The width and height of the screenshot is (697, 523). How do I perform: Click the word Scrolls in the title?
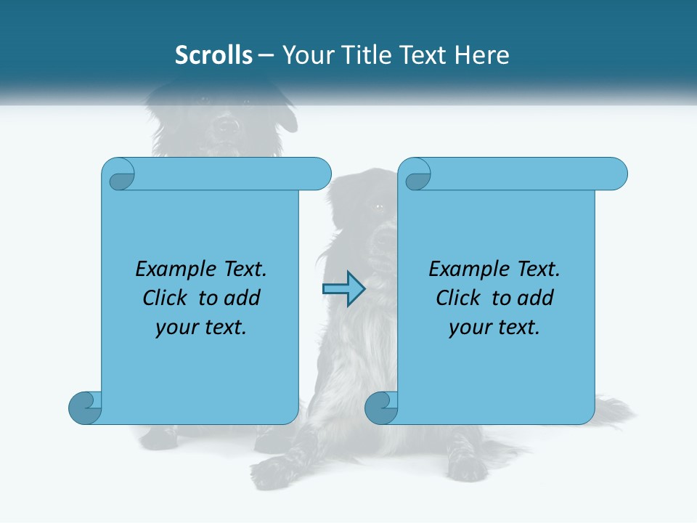tap(213, 55)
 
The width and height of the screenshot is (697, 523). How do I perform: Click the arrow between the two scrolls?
tap(343, 288)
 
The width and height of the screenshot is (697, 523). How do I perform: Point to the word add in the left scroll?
tap(242, 298)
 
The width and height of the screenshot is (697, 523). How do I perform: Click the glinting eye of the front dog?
tap(379, 207)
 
